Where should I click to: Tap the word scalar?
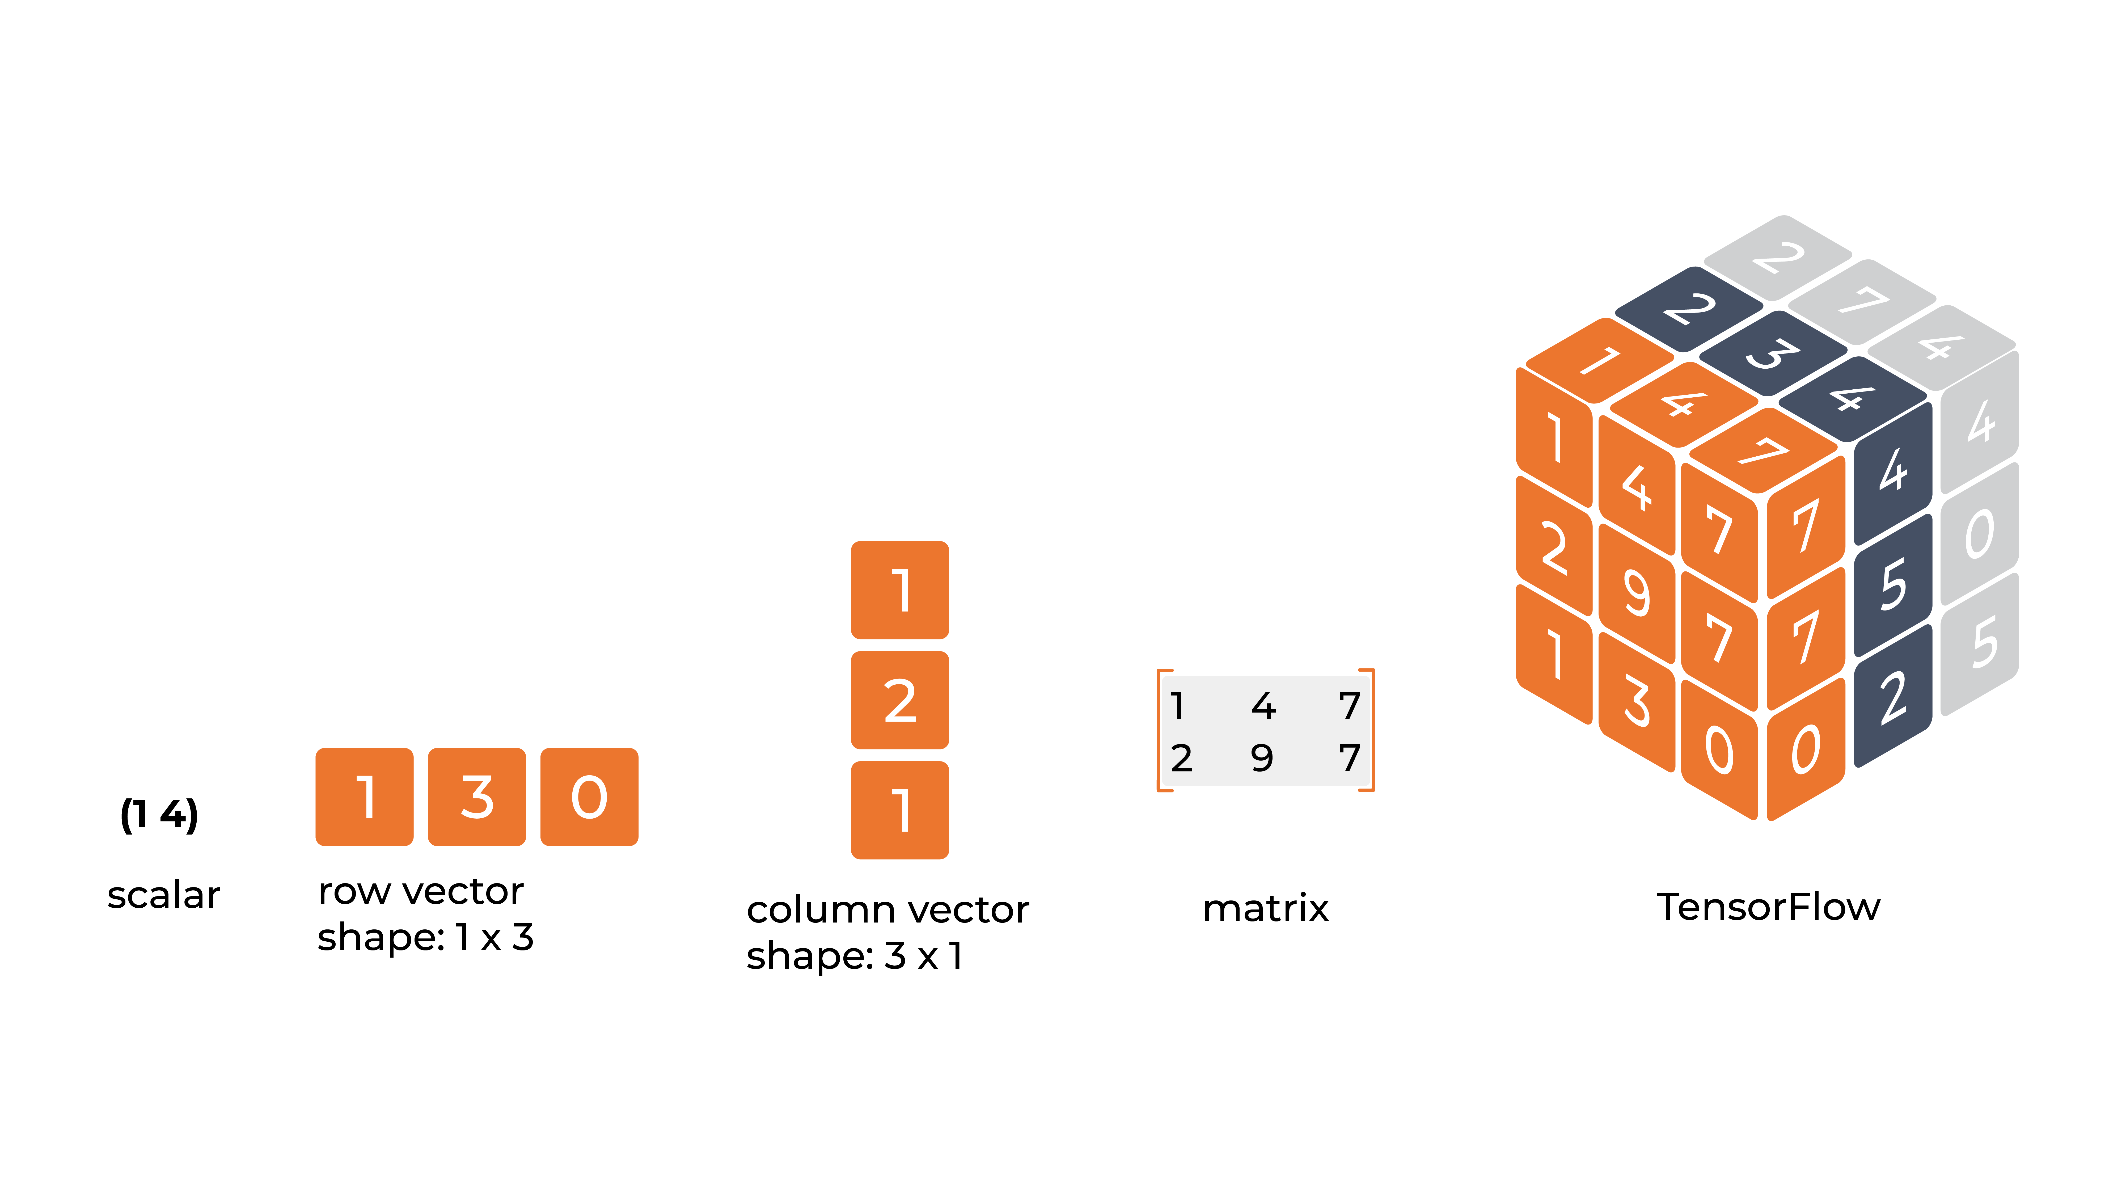tap(163, 896)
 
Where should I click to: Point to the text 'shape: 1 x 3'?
tap(425, 938)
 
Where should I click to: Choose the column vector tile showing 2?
tap(900, 700)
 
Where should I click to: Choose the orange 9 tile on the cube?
tap(1637, 593)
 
